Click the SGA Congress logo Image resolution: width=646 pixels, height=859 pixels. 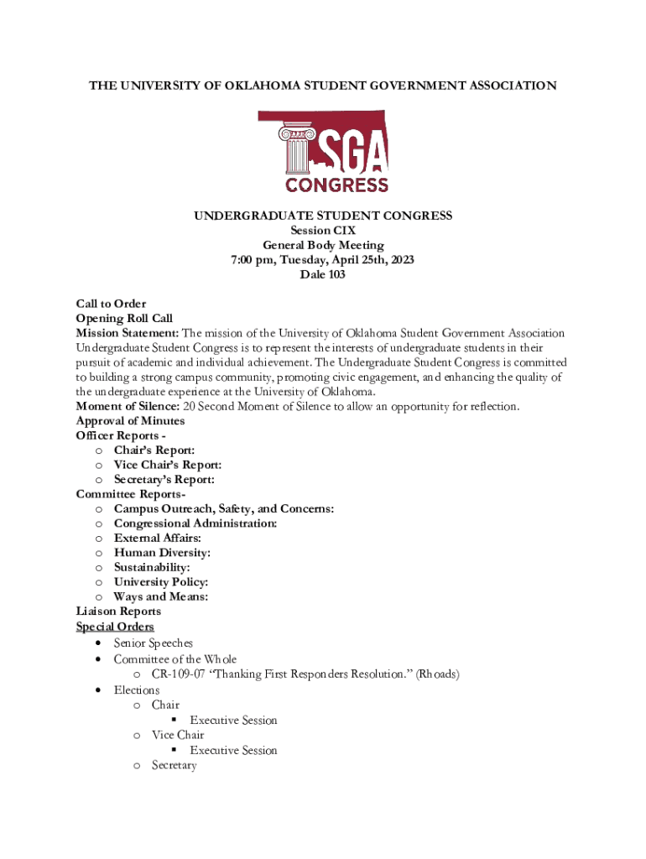click(323, 152)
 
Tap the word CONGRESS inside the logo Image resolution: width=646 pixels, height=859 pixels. click(336, 184)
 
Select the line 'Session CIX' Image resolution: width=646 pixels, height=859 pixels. click(323, 231)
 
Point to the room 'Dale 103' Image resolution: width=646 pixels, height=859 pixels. click(323, 274)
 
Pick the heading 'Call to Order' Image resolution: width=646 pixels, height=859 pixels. click(111, 304)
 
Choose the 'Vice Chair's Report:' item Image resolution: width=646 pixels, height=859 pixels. click(168, 465)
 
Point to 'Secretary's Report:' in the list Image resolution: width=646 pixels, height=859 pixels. click(164, 480)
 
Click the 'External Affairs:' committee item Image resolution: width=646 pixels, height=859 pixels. click(158, 538)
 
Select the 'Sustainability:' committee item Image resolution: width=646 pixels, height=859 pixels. click(152, 567)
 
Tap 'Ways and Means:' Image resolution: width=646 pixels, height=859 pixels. click(161, 596)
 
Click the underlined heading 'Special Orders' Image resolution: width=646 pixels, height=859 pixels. click(115, 627)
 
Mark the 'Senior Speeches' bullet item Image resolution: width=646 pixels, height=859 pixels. click(154, 643)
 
